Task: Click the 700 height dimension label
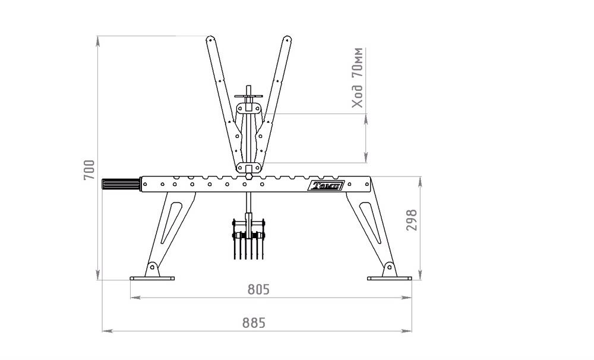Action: pos(90,170)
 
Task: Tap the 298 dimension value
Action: pos(412,220)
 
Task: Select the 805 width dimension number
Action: pos(258,289)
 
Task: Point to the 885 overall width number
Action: pos(254,323)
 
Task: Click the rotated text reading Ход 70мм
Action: pos(357,78)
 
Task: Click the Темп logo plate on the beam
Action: pos(326,185)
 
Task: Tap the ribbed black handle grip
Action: pos(121,185)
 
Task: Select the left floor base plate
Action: pos(152,279)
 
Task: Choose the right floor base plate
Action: pos(390,279)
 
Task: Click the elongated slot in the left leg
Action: pos(171,223)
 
